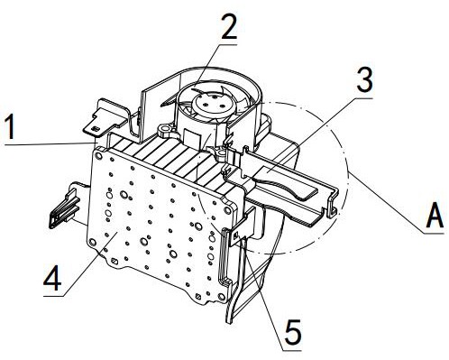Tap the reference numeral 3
click(364, 79)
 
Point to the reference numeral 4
click(52, 278)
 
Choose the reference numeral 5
click(293, 332)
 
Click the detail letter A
click(435, 216)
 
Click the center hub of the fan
click(212, 103)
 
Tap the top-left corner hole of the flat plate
click(98, 155)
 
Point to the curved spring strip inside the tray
click(286, 183)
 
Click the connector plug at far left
click(65, 208)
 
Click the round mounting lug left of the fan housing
click(165, 130)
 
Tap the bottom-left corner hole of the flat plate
click(92, 242)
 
